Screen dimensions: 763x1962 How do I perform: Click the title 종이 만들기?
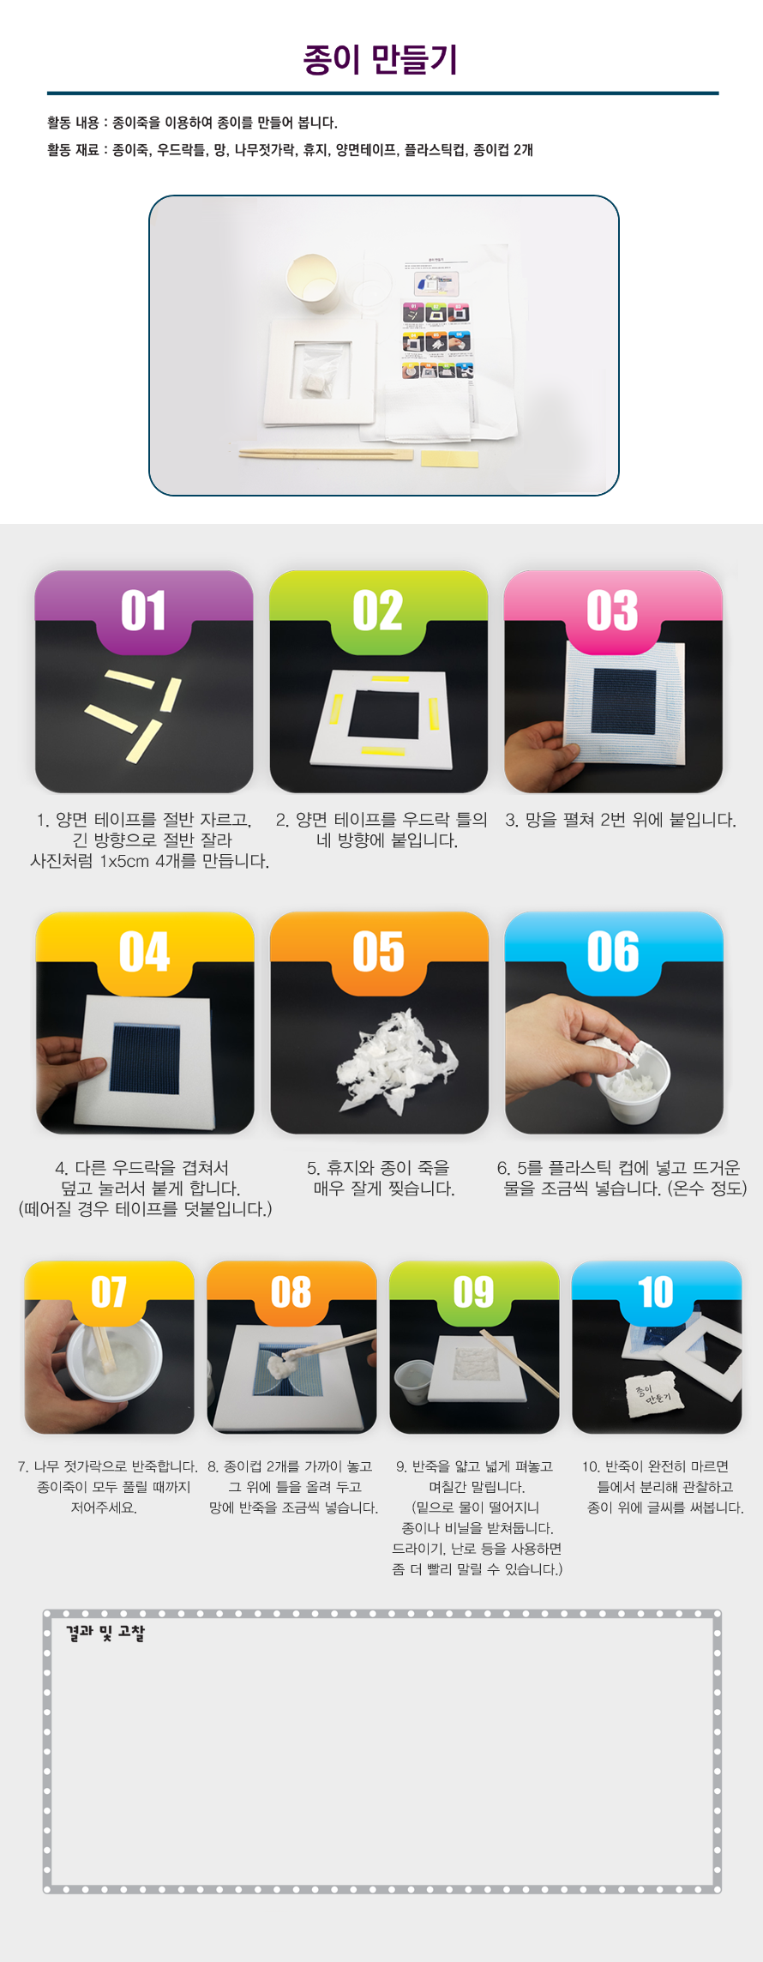(x=381, y=60)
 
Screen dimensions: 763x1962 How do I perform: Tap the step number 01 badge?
(x=143, y=611)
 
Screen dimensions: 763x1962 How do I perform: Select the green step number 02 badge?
(x=378, y=611)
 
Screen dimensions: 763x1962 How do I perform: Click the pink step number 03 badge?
(x=612, y=611)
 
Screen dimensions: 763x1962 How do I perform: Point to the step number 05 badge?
(x=379, y=952)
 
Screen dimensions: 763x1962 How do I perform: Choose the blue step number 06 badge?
(x=613, y=952)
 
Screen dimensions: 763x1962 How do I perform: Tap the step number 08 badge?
(x=291, y=1292)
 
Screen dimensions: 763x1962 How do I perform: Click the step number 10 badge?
(x=656, y=1292)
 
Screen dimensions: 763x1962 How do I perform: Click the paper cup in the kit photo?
(x=310, y=277)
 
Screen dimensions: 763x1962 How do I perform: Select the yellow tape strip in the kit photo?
(x=449, y=459)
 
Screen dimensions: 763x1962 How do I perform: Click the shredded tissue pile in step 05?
(x=396, y=1062)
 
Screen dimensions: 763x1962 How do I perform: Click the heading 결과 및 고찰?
(x=105, y=1633)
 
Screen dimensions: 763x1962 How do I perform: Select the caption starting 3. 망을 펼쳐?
(x=621, y=820)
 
